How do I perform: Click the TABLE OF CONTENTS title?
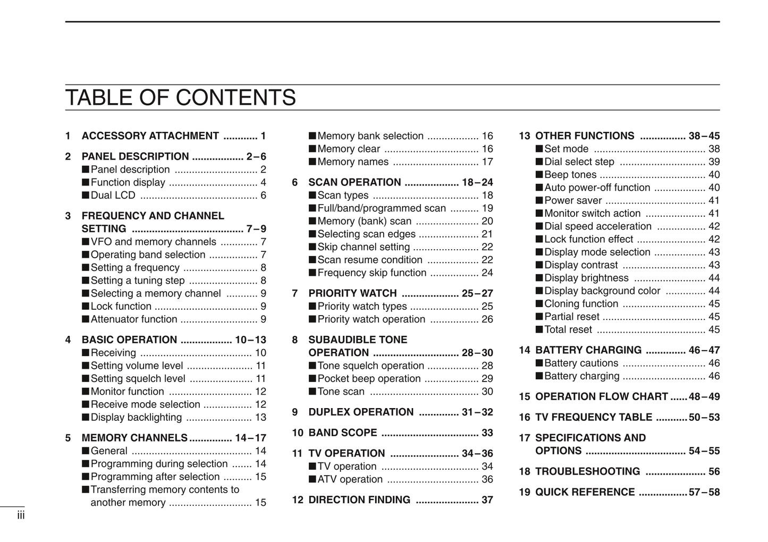click(180, 98)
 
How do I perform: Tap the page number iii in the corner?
click(21, 515)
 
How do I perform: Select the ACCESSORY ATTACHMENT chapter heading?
click(150, 136)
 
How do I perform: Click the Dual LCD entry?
click(113, 196)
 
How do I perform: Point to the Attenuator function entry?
click(133, 319)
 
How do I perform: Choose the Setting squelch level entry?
click(138, 379)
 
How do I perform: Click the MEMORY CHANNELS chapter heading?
click(134, 438)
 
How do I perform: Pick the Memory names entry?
click(352, 162)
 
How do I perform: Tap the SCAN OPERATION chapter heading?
click(355, 183)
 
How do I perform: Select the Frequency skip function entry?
click(372, 273)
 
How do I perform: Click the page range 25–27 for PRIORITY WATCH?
click(477, 294)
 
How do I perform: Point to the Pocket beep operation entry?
click(369, 379)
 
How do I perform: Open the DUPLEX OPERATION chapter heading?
click(361, 412)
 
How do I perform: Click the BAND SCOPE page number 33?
click(487, 433)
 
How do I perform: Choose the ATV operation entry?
click(350, 479)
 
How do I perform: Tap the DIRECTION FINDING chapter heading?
click(359, 500)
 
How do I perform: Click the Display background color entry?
click(602, 291)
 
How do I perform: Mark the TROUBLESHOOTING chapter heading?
click(587, 472)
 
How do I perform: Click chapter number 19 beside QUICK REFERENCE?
click(525, 493)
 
